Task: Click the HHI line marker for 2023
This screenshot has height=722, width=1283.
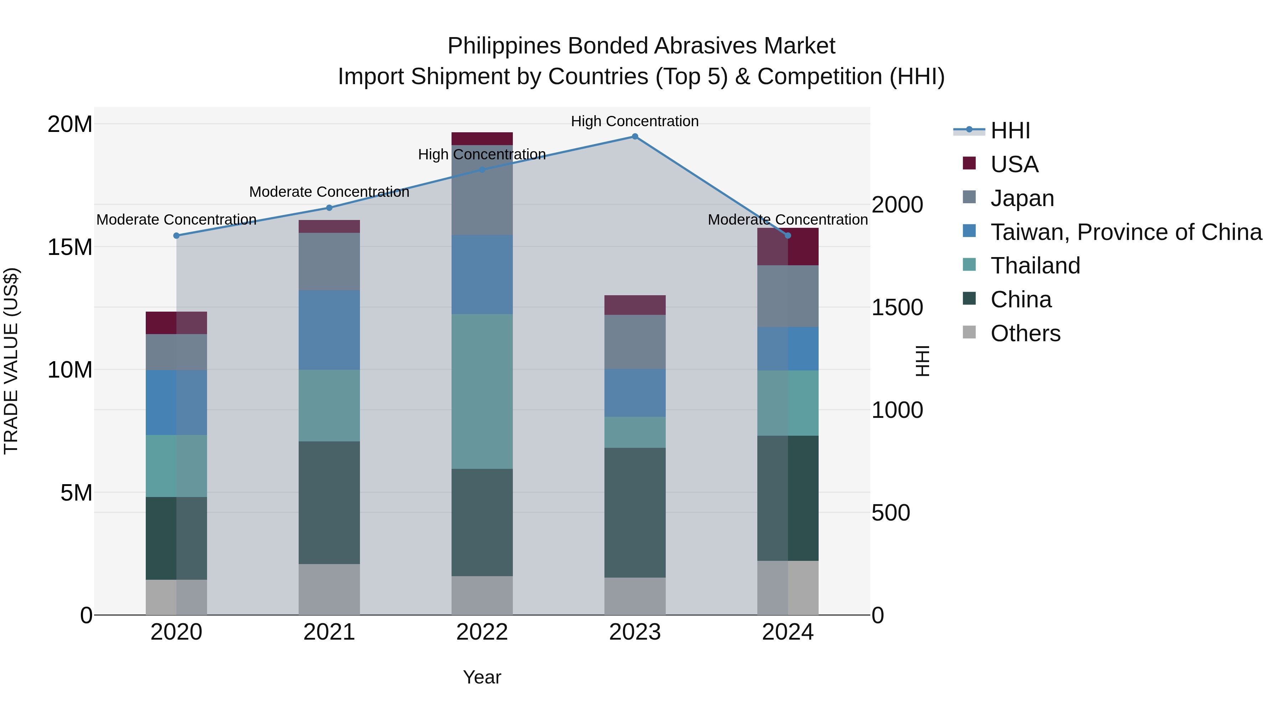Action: (634, 137)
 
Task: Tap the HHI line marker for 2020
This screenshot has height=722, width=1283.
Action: (176, 236)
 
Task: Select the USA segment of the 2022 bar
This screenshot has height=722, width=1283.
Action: (481, 139)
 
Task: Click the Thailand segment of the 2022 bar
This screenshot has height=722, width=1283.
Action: (481, 391)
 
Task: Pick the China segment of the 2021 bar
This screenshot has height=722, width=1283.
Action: (329, 502)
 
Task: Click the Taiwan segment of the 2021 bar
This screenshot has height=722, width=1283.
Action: (329, 330)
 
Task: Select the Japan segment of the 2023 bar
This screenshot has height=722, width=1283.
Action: (634, 342)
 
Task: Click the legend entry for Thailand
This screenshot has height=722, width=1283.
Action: (1035, 266)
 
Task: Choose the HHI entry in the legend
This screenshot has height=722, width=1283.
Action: (1010, 130)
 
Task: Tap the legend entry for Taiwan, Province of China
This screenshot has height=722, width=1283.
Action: (1125, 232)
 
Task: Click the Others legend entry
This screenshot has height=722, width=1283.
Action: (1025, 333)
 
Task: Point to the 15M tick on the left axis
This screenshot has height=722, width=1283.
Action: (70, 247)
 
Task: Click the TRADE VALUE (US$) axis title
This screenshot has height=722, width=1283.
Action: (11, 361)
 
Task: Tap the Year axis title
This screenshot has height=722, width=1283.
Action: (481, 677)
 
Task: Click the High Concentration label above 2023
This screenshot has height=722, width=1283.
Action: (634, 121)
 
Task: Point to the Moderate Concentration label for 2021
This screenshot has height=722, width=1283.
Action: (329, 192)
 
